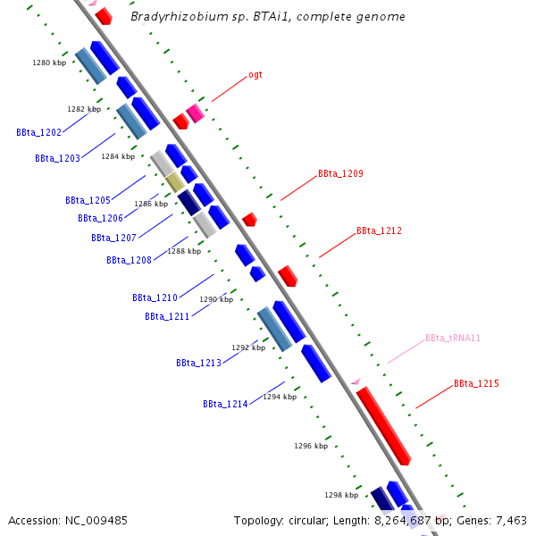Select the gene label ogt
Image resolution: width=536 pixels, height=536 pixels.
pyautogui.click(x=255, y=75)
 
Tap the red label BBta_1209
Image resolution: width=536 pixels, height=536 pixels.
pyautogui.click(x=340, y=173)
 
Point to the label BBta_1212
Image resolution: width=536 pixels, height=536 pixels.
pyautogui.click(x=379, y=230)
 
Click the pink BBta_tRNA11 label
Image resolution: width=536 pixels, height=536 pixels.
pyautogui.click(x=453, y=339)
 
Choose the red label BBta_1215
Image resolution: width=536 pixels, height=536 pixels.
pyautogui.click(x=476, y=383)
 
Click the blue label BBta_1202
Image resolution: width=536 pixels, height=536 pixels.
pyautogui.click(x=38, y=132)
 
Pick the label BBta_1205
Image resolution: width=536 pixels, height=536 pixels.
pyautogui.click(x=88, y=200)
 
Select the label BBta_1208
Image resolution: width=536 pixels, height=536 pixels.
pyautogui.click(x=129, y=260)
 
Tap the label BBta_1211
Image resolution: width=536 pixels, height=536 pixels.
pyautogui.click(x=167, y=316)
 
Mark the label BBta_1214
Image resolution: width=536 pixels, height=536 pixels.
pyautogui.click(x=225, y=404)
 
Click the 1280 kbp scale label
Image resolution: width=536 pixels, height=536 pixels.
pyautogui.click(x=49, y=63)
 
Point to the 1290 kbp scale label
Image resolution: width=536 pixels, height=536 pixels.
pyautogui.click(x=216, y=300)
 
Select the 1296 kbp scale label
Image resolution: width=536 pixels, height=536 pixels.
pyautogui.click(x=311, y=446)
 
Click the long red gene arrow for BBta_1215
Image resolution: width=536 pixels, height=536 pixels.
pyautogui.click(x=383, y=426)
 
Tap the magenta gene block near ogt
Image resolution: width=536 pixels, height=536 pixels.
pyautogui.click(x=195, y=113)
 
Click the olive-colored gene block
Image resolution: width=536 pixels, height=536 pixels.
pyautogui.click(x=174, y=182)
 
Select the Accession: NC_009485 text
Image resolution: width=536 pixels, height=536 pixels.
pyautogui.click(x=68, y=520)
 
